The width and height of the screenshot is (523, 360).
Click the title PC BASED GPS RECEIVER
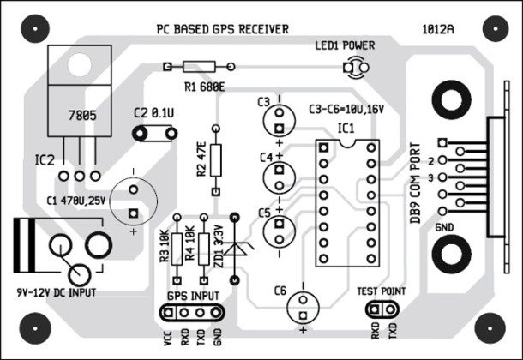(222, 28)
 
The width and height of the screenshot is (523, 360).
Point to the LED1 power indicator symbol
(361, 67)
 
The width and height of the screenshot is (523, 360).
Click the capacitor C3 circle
(278, 112)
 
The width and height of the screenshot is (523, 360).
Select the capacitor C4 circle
(278, 176)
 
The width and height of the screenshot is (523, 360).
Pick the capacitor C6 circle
(303, 304)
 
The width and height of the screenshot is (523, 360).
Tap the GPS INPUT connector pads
(195, 309)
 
